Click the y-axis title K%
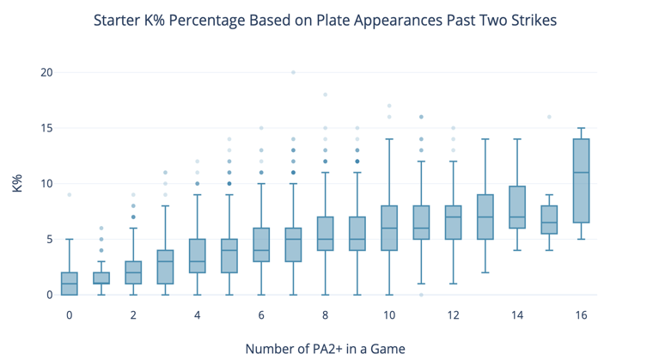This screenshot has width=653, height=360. click(17, 183)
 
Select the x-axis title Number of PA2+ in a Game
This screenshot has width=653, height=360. click(325, 348)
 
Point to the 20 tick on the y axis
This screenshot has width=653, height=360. click(46, 73)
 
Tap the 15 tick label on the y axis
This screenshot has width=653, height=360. click(46, 128)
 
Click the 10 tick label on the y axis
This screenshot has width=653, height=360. click(46, 184)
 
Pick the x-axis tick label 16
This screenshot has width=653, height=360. click(581, 315)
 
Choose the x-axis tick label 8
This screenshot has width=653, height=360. click(326, 315)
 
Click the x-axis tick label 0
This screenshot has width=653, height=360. click(70, 315)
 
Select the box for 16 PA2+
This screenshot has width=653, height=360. click(581, 180)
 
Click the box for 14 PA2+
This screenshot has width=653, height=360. click(517, 207)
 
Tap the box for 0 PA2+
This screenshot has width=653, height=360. click(70, 284)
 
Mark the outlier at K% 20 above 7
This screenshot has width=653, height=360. click(293, 73)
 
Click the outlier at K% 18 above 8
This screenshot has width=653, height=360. click(326, 95)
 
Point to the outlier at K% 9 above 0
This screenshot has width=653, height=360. click(70, 195)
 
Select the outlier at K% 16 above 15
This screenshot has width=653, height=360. click(549, 117)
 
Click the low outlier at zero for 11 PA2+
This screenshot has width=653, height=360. click(421, 295)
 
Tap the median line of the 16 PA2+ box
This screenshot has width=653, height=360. click(581, 173)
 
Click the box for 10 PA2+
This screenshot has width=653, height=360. click(389, 228)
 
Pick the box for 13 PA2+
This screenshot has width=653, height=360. click(485, 217)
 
